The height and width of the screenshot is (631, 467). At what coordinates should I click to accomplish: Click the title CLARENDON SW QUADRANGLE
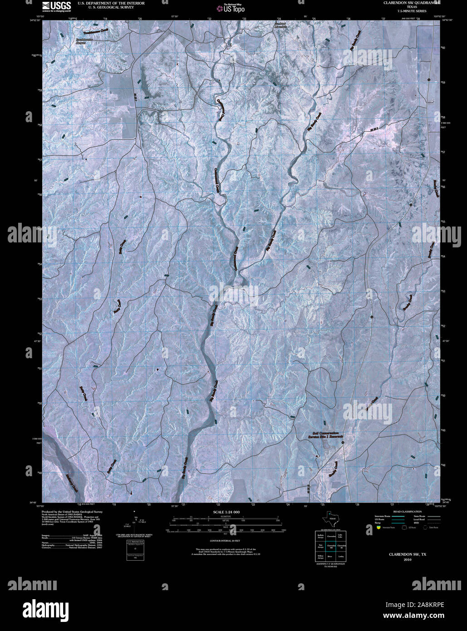412,3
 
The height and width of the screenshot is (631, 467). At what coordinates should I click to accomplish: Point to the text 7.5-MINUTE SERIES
412,11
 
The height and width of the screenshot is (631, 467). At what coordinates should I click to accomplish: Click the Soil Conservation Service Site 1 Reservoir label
325,435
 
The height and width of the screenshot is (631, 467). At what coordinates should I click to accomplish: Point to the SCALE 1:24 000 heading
226,512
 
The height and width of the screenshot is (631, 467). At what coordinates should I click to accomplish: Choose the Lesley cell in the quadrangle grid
341,556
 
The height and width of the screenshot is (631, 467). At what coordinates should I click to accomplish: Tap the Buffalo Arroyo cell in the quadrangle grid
320,536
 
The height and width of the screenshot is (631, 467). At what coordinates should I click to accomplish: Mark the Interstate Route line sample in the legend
398,516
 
